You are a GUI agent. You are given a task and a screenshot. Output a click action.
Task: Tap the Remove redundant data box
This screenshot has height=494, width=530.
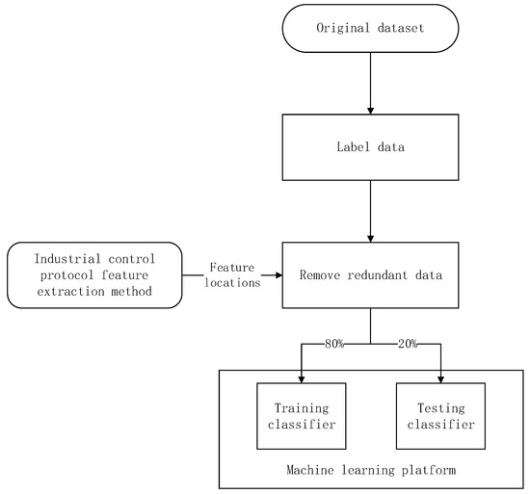coord(371,274)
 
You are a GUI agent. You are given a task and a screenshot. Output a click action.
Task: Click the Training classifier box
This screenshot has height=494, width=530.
coord(301,415)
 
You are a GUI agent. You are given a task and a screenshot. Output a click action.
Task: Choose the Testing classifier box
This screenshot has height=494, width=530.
coord(440,415)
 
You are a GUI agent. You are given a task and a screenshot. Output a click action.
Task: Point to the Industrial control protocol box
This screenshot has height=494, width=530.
coord(95,274)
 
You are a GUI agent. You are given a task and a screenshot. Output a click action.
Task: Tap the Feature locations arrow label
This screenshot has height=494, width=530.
coord(231,274)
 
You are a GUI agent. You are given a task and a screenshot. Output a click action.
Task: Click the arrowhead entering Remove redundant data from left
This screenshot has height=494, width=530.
coord(278,274)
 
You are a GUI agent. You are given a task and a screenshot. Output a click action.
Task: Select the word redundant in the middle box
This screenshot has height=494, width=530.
coord(371,274)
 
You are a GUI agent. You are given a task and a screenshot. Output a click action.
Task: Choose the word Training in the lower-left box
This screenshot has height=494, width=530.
coord(301,407)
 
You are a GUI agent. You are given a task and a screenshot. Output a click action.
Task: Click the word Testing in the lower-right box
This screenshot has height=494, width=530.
coord(440,407)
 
